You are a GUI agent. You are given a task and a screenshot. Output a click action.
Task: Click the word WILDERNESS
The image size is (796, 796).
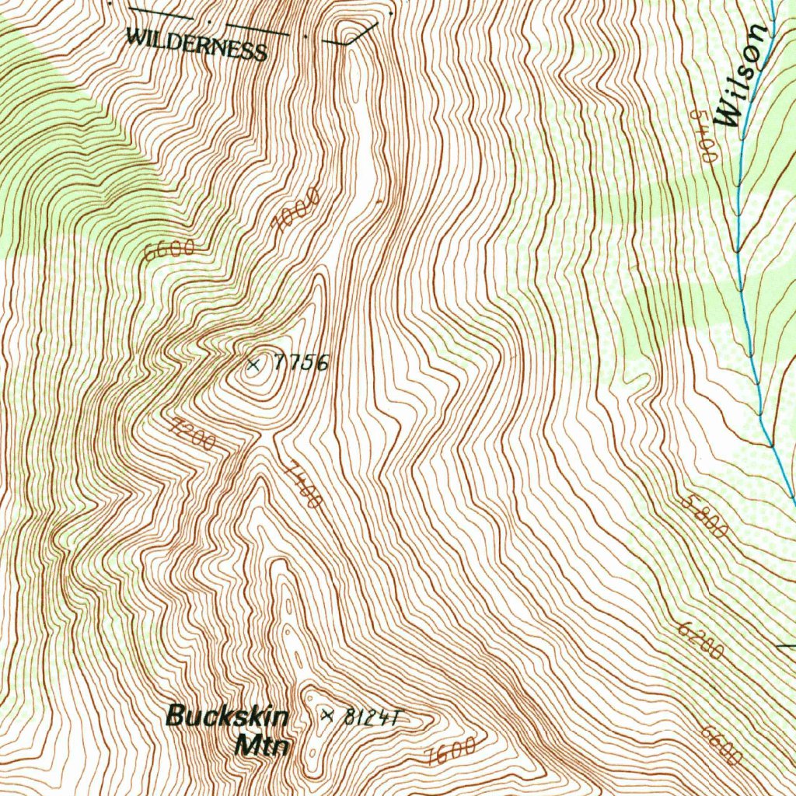pos(197,44)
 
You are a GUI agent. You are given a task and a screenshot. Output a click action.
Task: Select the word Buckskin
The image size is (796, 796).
pos(227,716)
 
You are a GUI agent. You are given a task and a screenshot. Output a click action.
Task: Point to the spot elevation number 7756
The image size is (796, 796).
pos(300,362)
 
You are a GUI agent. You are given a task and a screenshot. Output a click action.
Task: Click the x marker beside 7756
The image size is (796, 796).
pos(253,364)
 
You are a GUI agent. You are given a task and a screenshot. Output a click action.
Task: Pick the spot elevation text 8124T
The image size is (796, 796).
pos(370,717)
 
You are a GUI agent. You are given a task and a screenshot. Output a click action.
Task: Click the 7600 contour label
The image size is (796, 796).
pos(451,752)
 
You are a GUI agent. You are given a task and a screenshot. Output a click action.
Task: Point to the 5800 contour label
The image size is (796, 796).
pos(704,516)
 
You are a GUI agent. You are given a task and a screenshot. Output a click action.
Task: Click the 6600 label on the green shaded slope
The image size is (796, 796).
pos(169,250)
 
